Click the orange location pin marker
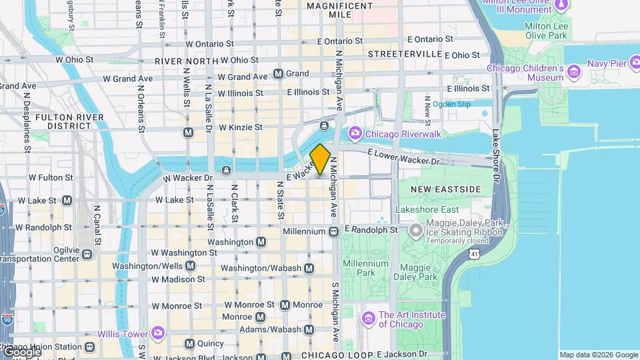click(x=320, y=159)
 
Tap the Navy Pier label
click(x=607, y=63)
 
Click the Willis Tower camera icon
click(x=158, y=332)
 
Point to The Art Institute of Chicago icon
click(x=368, y=319)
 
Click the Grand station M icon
click(x=278, y=73)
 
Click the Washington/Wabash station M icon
click(x=309, y=268)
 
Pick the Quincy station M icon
click(x=189, y=343)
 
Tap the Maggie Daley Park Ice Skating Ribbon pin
click(x=416, y=231)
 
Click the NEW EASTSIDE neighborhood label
click(x=445, y=189)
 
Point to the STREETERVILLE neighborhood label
click(x=405, y=53)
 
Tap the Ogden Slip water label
click(x=451, y=104)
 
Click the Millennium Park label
click(x=365, y=268)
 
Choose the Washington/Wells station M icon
click(x=191, y=266)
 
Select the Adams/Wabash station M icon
click(x=309, y=329)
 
